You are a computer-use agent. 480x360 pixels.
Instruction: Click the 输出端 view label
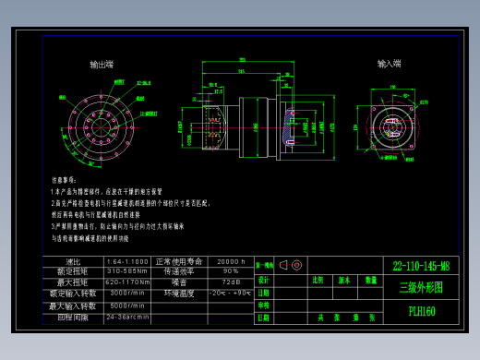coord(102,65)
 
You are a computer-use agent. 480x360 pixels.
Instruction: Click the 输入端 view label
coord(390,65)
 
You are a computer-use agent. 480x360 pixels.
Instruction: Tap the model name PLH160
coord(421,311)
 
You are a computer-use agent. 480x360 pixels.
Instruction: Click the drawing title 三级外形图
coord(421,287)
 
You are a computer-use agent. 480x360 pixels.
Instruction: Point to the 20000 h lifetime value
coord(231,261)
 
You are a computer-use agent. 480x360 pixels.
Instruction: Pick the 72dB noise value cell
coord(231,282)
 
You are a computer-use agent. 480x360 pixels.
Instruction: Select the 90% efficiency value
coord(231,271)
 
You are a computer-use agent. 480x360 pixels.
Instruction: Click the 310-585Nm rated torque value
coord(127,271)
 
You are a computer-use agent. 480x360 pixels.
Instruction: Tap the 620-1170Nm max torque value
coord(127,282)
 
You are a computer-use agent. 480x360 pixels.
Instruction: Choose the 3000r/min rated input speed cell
coord(127,294)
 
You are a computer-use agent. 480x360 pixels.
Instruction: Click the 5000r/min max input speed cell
coord(127,306)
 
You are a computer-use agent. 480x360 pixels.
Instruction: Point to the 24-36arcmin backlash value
coord(127,317)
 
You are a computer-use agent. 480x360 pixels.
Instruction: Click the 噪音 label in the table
coord(179,282)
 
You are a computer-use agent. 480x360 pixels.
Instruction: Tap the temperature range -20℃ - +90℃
coord(231,294)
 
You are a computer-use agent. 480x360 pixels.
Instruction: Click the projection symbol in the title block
coord(291,265)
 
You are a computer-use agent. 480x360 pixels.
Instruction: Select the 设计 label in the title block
coord(264,279)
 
